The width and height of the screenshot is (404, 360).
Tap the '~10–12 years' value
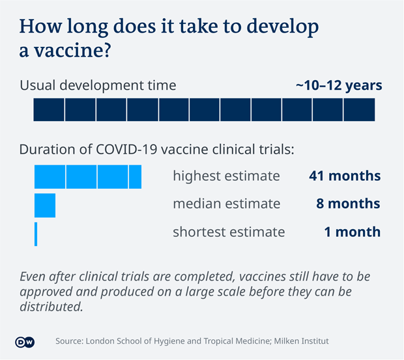coord(339,85)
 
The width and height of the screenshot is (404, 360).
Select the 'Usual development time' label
coord(98,85)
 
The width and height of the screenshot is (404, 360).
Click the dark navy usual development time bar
coord(204,109)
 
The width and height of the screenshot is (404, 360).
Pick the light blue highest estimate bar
coord(87,176)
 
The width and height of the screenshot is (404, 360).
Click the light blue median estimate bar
coord(45,204)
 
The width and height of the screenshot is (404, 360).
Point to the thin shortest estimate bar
coord(36,234)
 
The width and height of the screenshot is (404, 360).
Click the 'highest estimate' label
coord(226,176)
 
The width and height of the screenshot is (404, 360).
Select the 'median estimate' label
coord(226,204)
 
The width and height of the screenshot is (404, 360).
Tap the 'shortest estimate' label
coord(229,232)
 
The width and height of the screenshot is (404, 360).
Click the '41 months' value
coord(345,176)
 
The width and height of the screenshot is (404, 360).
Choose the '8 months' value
coord(348,204)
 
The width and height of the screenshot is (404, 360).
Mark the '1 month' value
coord(353,232)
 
